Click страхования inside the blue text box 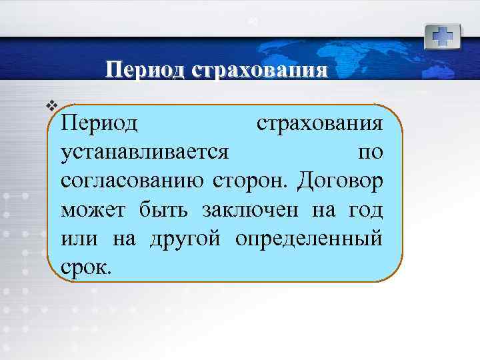320,124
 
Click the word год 365,210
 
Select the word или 78,239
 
